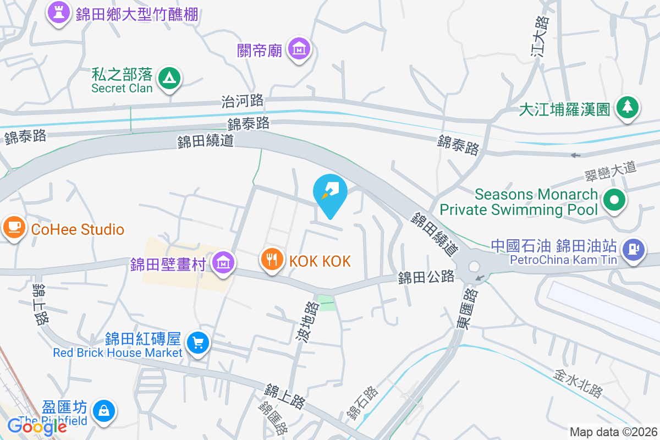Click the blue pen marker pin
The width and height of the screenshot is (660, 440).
click(x=330, y=191)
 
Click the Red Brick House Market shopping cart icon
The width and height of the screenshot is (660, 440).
click(x=197, y=343)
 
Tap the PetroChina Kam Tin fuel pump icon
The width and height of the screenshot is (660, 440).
click(x=634, y=250)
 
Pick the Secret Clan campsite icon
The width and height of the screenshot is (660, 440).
click(x=169, y=79)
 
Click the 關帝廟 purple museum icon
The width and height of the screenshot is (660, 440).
click(x=300, y=49)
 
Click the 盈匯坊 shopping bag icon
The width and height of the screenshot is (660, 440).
click(x=103, y=410)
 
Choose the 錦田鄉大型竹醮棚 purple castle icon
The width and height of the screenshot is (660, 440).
click(x=58, y=12)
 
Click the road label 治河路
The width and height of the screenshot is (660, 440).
click(x=243, y=101)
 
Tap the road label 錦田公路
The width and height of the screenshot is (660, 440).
click(x=426, y=277)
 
